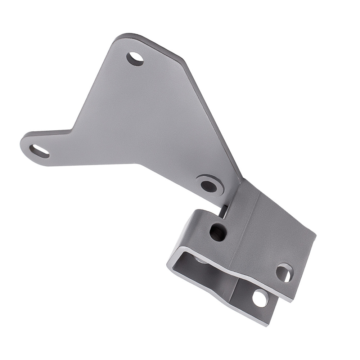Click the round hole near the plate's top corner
click(x=135, y=58)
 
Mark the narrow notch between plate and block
click(x=224, y=211)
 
